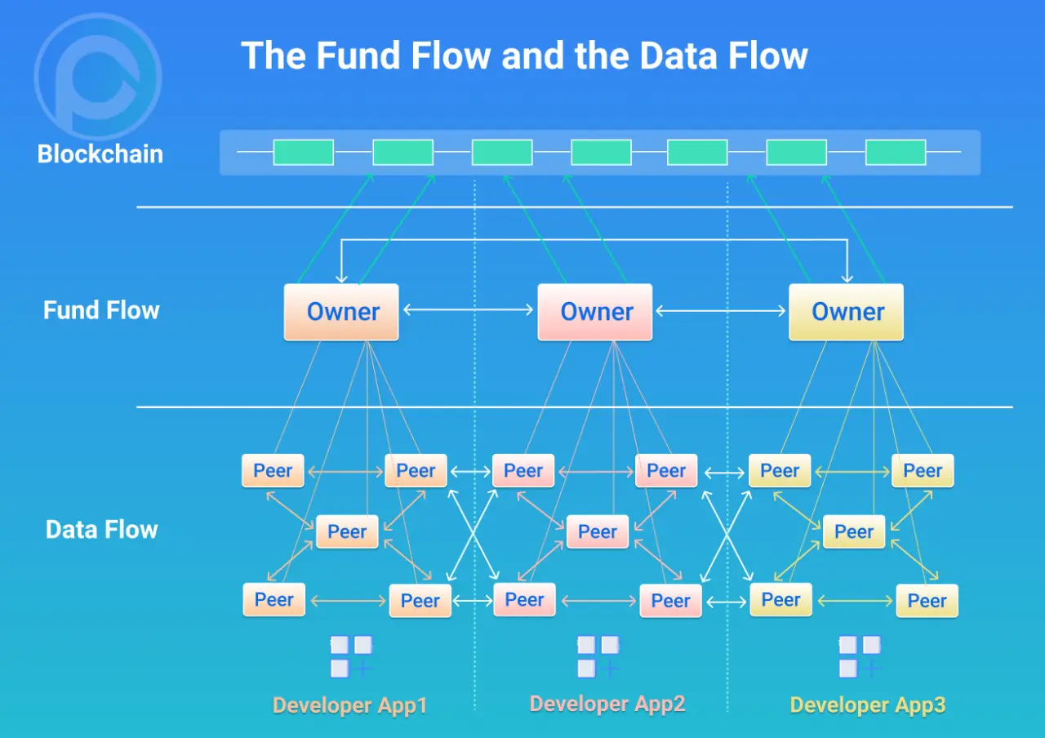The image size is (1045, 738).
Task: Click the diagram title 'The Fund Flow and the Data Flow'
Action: coord(524,56)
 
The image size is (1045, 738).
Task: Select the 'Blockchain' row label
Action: coord(100,153)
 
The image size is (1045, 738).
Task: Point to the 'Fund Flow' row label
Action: coord(101,310)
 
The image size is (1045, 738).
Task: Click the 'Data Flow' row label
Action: coord(102,529)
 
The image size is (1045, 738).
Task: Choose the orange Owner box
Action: coord(341,311)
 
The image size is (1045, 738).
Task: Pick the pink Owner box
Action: coord(595,311)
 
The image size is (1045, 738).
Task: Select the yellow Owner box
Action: coord(847,311)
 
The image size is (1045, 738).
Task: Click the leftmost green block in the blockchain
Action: coord(303,153)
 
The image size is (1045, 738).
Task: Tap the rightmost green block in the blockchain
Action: coord(896,153)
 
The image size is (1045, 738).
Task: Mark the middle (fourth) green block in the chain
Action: coord(601,153)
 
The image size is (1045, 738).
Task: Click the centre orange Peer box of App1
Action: coord(347,531)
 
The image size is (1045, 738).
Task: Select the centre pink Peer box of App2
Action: coord(598,531)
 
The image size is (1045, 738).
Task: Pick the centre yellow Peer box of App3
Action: coord(854,531)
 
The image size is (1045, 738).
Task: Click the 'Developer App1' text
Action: coord(350,705)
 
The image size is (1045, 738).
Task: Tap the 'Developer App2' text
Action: coord(607,704)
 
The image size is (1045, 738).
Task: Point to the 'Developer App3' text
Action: coord(868,705)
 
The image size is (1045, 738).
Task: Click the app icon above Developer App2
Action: coord(598,657)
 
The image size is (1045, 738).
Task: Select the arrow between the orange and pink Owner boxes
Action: coord(468,310)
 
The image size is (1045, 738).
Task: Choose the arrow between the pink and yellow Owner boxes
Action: coord(720,310)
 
